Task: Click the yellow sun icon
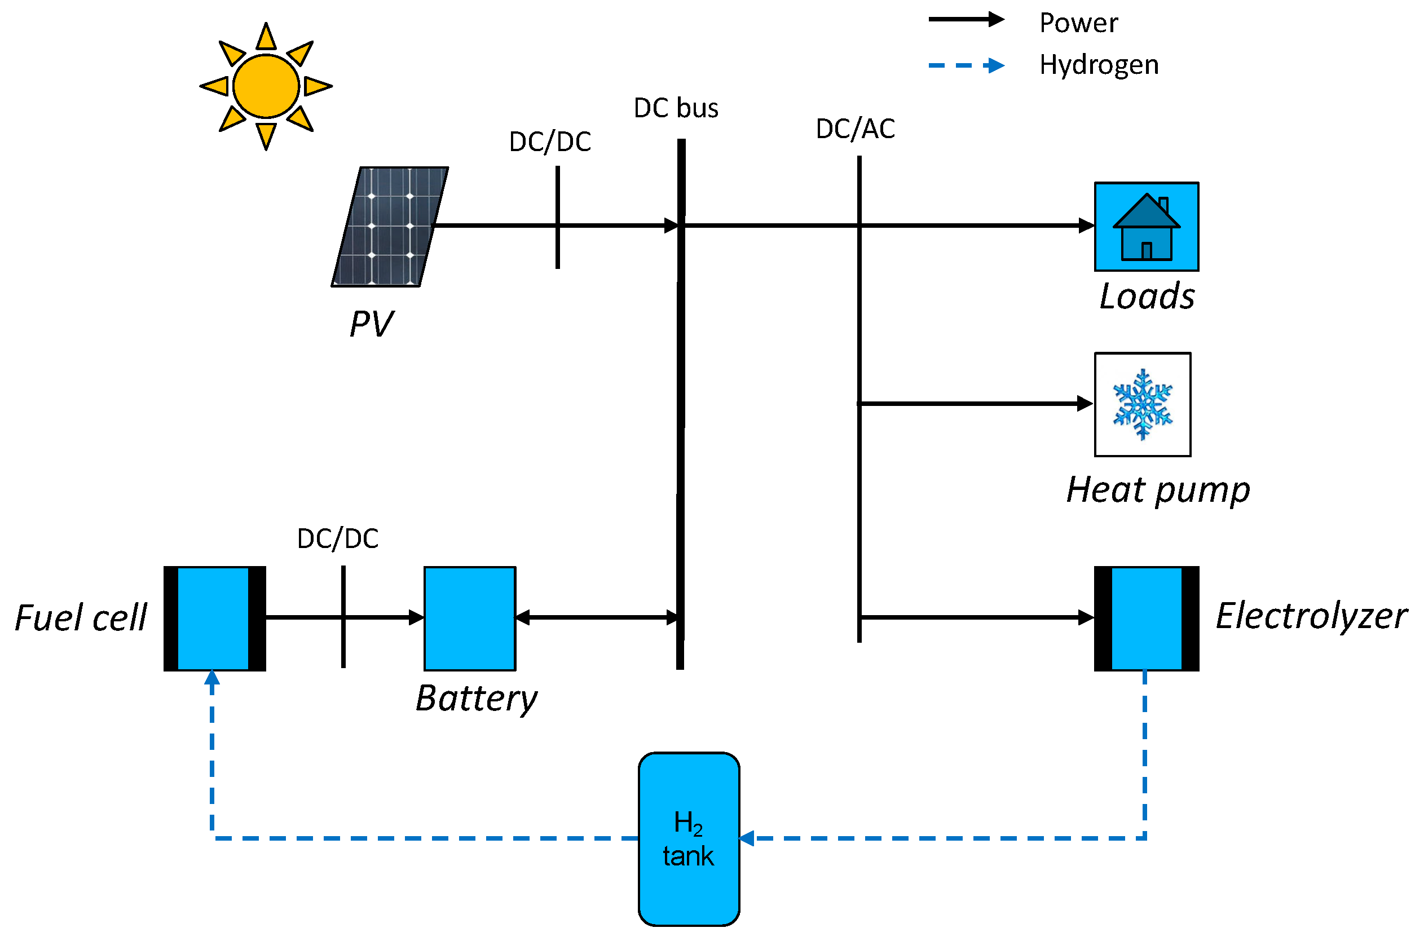266,86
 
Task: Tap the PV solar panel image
390,226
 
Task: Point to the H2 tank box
688,838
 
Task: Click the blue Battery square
469,618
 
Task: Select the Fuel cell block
214,618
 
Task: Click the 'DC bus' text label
676,108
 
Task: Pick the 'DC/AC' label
854,129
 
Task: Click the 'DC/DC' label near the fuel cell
337,538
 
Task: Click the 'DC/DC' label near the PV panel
549,142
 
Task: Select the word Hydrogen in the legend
1098,65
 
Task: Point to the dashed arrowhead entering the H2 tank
746,838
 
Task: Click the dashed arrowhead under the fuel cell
212,678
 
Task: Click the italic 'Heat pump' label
1157,490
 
